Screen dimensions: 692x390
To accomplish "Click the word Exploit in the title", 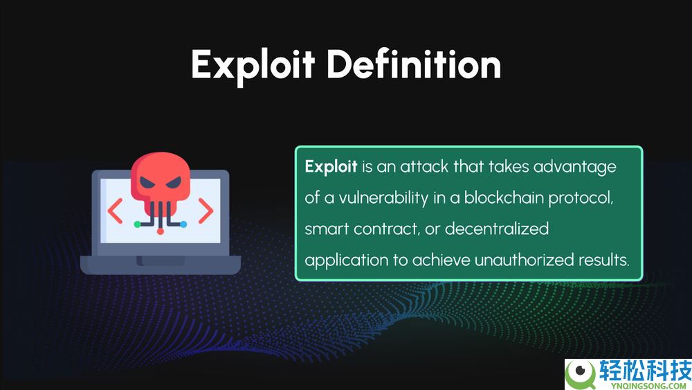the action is point(253,66).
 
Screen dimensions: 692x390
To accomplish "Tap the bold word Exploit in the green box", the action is point(331,167).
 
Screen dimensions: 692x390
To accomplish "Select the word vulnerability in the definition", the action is point(383,198).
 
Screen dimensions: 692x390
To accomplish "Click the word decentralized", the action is point(497,229).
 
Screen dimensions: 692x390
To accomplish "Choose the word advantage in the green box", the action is point(574,168).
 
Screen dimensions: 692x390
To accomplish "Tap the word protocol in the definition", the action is point(581,198).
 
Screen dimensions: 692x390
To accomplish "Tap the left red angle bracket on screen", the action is point(115,211).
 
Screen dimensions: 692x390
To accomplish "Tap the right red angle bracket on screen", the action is point(206,211).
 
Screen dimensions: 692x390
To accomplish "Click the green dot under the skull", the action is point(137,224).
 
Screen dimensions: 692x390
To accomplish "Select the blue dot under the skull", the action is point(183,224).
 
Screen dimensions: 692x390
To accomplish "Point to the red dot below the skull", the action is point(161,231).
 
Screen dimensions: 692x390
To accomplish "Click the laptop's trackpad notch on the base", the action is point(161,261).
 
